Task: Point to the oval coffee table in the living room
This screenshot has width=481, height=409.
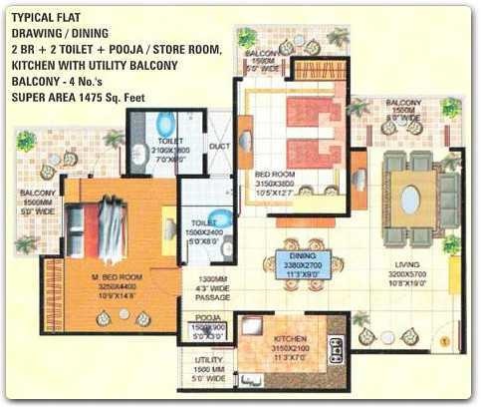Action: point(409,199)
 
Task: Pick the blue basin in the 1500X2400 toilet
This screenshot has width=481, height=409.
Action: point(226,219)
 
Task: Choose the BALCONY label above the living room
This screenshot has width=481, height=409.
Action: point(403,103)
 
